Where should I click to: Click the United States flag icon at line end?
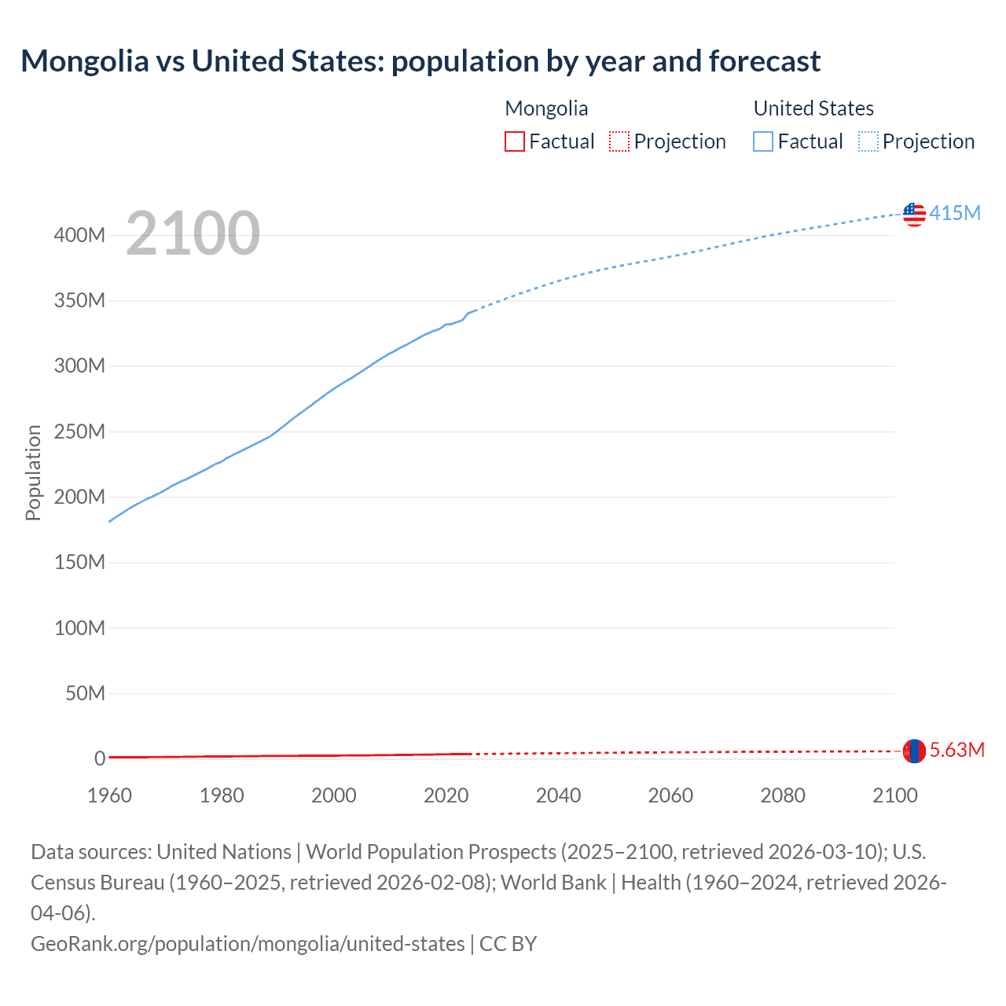pos(914,214)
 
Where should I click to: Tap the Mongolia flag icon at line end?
pos(914,751)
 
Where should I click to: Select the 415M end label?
pos(955,213)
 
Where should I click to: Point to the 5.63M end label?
pos(956,750)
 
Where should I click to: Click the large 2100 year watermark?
pos(193,233)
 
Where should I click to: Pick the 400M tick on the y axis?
pos(79,235)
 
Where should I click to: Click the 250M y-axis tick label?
pos(79,431)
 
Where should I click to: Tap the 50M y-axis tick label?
pos(85,693)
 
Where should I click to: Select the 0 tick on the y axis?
pos(100,758)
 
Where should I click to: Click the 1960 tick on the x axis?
pos(109,795)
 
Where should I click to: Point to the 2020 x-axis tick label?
pos(446,795)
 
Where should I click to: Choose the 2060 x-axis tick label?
pos(670,795)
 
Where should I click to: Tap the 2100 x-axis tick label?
pos(895,795)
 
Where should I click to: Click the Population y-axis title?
pos(33,472)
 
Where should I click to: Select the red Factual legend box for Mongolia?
pos(515,141)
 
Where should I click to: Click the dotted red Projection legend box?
pos(619,141)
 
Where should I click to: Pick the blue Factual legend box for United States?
pos(763,141)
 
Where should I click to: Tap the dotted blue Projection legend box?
pos(868,141)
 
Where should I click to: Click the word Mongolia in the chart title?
pos(84,61)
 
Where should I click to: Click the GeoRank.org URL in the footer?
pos(248,943)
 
